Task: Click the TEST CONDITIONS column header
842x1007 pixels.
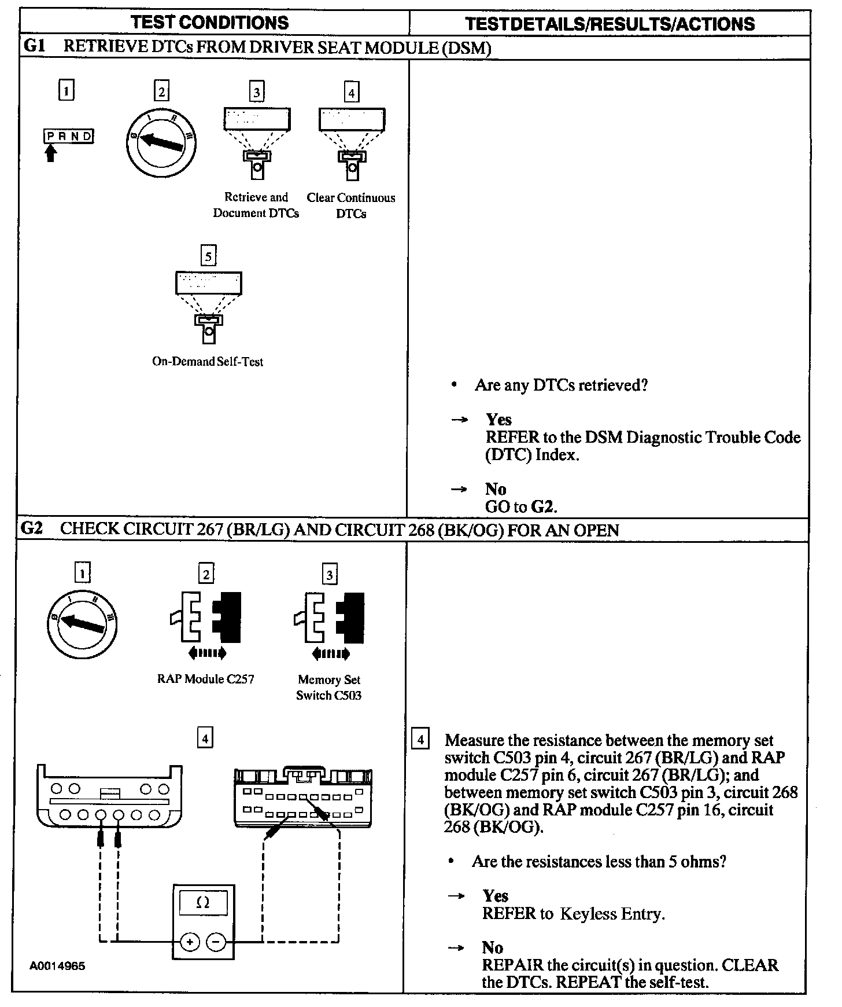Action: pos(209,23)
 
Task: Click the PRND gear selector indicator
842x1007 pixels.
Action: pos(68,137)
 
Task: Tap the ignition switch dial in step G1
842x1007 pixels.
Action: pos(161,142)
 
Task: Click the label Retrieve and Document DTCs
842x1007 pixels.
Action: pos(256,205)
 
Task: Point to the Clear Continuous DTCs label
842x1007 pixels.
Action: pos(351,206)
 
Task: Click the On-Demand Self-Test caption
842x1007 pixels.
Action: pos(208,362)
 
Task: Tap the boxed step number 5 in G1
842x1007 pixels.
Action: pos(208,256)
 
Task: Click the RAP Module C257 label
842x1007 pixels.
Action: pos(205,679)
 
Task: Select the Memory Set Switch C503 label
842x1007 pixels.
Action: pos(328,688)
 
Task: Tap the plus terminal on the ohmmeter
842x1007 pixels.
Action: pos(189,942)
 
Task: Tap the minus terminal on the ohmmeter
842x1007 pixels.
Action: pos(216,942)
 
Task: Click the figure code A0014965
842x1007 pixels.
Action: pos(57,966)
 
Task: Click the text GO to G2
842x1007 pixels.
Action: pos(520,507)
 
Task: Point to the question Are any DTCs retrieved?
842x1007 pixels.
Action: pos(561,385)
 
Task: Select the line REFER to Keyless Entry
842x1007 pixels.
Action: pos(573,914)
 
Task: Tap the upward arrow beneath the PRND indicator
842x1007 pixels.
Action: pos(51,153)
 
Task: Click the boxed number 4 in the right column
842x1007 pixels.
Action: pos(420,740)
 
